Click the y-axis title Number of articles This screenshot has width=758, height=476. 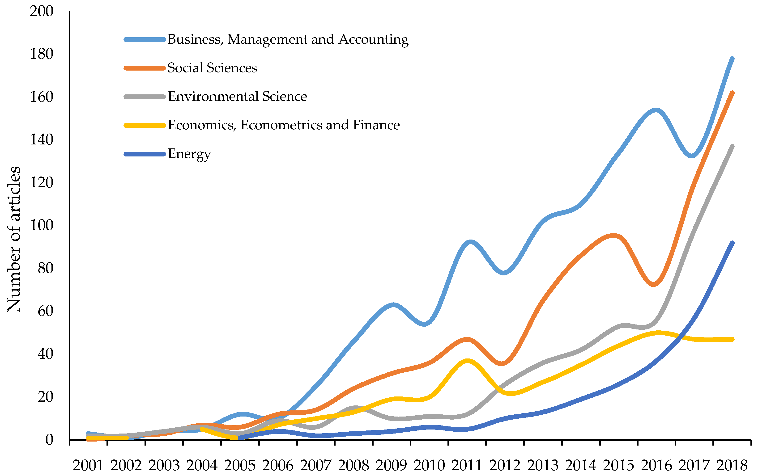(14, 239)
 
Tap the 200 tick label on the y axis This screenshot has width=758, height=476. (42, 11)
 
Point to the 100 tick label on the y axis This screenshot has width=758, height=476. (42, 225)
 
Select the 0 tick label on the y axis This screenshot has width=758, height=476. (49, 439)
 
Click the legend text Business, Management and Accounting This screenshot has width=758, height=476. (288, 39)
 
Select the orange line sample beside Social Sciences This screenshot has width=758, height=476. (145, 68)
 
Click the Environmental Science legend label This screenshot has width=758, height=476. (237, 96)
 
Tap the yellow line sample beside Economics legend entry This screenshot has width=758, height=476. (145, 125)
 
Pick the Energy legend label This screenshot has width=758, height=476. (189, 154)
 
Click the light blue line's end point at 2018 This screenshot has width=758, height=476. (732, 59)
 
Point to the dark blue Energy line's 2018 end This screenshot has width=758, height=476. (732, 243)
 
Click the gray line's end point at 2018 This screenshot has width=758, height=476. (732, 146)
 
